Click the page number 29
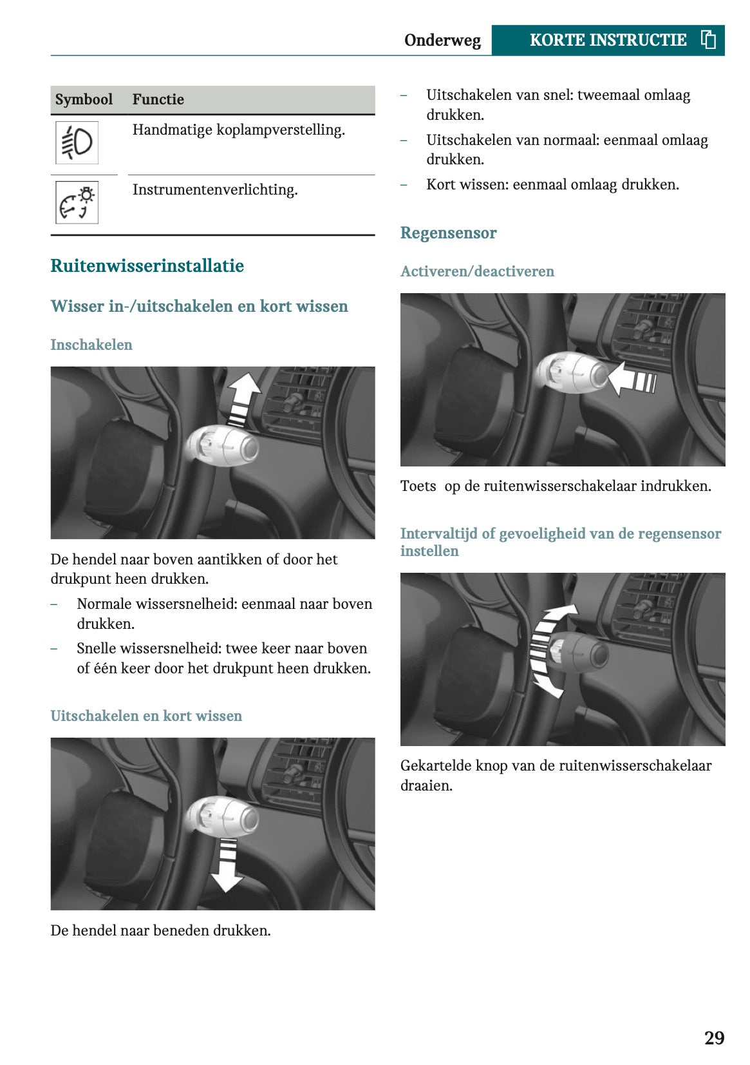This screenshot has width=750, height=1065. pos(714,1038)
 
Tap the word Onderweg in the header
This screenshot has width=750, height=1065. pos(442,41)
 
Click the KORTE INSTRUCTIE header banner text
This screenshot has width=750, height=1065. pos(607,40)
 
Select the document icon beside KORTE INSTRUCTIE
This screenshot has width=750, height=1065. pos(708,40)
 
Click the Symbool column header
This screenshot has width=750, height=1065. pos(84,99)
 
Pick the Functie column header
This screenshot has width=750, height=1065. pos(158,99)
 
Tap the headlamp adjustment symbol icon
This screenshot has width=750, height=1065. pos(77,142)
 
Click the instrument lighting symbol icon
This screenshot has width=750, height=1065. pos(77,202)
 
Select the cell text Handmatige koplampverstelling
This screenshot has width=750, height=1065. pos(238,130)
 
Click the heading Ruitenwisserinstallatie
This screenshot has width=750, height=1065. pos(147,266)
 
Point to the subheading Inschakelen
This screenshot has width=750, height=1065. pos(91,345)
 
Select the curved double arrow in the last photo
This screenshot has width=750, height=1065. pos(547,651)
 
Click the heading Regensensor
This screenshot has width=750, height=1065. pos(448,233)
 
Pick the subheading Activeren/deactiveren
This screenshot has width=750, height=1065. pos(477,271)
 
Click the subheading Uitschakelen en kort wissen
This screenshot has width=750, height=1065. pos(146,716)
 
